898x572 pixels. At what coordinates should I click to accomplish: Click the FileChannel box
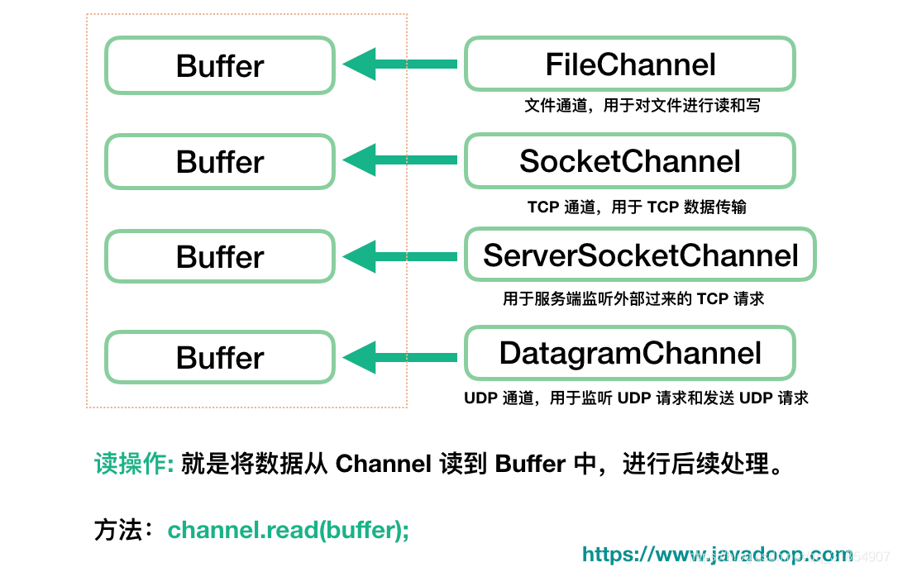click(630, 64)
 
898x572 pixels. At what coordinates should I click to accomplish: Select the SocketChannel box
click(630, 161)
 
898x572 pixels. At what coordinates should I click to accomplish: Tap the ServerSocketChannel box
click(640, 255)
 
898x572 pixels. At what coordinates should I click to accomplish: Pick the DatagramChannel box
click(630, 354)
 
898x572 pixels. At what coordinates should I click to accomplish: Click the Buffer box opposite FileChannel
click(220, 66)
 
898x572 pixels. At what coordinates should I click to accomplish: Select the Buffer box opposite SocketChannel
click(220, 162)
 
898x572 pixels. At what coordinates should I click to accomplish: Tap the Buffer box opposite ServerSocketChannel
click(220, 257)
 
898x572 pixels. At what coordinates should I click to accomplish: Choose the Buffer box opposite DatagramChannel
click(220, 358)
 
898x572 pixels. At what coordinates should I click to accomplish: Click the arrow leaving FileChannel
click(400, 64)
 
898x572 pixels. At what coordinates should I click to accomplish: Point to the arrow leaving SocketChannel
click(400, 160)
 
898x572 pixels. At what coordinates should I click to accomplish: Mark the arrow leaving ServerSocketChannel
click(400, 256)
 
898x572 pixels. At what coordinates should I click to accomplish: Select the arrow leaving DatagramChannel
click(400, 357)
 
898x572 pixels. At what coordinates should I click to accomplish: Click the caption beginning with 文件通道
click(642, 106)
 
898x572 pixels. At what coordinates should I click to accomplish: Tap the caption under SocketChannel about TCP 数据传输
click(637, 207)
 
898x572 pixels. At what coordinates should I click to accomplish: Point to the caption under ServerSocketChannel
click(633, 299)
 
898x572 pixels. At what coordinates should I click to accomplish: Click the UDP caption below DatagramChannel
click(636, 398)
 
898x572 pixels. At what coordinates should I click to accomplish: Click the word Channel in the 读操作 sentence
click(384, 465)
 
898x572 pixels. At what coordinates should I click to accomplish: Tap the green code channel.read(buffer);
click(289, 530)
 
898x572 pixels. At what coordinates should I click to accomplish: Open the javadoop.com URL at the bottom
click(717, 555)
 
